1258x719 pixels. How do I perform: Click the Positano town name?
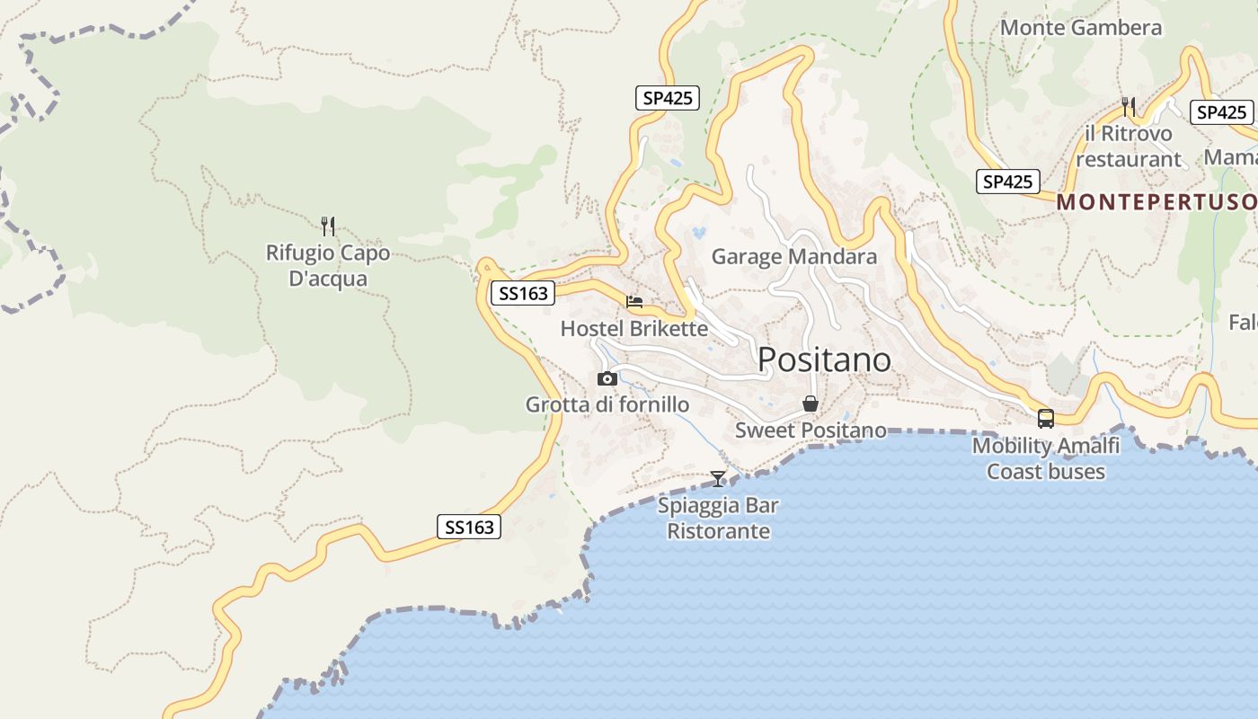coord(824,359)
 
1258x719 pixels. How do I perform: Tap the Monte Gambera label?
coord(1081,28)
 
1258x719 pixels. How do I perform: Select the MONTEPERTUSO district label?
coord(1156,202)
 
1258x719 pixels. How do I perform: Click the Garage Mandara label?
coord(793,257)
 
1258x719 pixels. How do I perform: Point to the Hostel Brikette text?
coord(634,329)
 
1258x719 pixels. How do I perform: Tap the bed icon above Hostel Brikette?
coord(634,302)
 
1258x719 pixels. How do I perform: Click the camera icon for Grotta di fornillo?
coord(607,378)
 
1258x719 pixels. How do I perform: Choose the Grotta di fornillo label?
coord(607,404)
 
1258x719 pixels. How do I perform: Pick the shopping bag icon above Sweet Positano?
coord(810,404)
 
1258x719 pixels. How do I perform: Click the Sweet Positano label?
coord(811,431)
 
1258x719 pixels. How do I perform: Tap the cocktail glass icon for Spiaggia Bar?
coord(718,478)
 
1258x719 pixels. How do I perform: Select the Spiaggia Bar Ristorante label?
coord(718,518)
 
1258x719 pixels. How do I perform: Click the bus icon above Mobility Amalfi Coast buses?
coord(1046,418)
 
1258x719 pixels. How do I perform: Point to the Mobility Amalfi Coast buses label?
coord(1046,458)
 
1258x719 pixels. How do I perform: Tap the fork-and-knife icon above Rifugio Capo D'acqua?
coord(328,226)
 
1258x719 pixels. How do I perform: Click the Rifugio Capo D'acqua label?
coord(328,266)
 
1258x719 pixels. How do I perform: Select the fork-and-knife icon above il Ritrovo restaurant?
coord(1129,107)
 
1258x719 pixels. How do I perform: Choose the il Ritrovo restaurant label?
coord(1129,146)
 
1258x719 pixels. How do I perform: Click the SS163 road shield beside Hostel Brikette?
coord(522,293)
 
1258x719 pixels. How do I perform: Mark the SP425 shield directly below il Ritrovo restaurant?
coord(1007,182)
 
